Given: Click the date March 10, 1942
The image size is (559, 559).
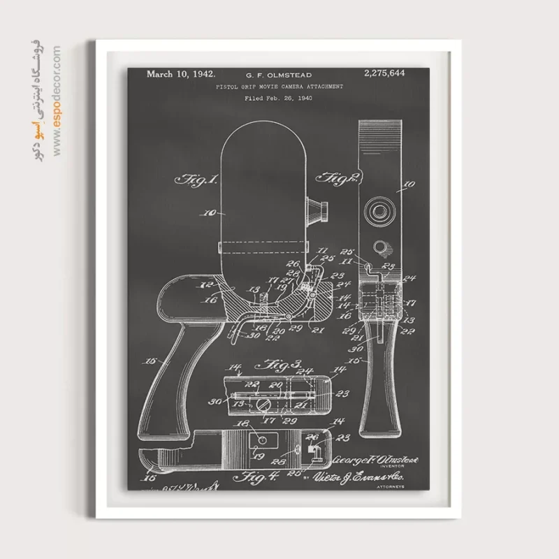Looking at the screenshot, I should [181, 73].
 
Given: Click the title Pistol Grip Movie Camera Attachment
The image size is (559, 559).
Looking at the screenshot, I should [279, 86].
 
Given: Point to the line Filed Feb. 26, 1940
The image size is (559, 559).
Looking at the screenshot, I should [278, 98].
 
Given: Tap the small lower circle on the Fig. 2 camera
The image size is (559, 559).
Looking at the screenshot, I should [382, 247].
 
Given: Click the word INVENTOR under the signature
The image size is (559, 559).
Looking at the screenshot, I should [389, 467].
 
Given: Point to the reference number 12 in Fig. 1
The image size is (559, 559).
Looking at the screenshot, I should [188, 285].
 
